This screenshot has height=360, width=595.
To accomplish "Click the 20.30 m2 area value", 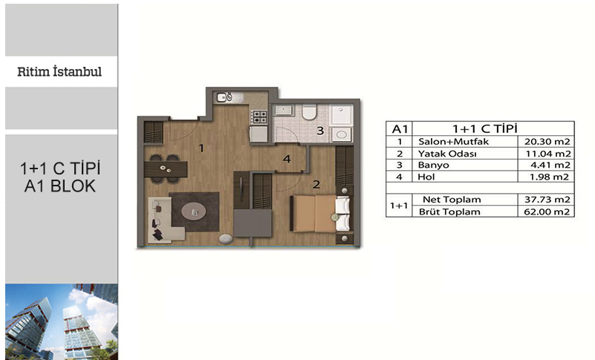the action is click(x=547, y=142).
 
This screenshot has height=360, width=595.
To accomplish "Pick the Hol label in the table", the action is click(x=426, y=177).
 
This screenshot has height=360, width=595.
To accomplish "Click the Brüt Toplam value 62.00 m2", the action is click(x=547, y=212).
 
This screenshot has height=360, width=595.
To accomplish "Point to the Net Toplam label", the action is click(x=452, y=200).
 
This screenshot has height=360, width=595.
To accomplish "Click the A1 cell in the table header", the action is click(x=400, y=129).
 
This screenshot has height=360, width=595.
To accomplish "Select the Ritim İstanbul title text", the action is click(x=59, y=72).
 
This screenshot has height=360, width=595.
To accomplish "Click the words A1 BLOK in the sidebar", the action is click(x=60, y=186).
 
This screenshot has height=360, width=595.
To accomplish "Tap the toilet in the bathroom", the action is click(x=309, y=112).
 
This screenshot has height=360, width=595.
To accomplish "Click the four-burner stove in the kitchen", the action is click(x=260, y=117).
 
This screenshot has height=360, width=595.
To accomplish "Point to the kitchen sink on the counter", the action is click(x=224, y=97).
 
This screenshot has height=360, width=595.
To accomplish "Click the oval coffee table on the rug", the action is click(x=194, y=212).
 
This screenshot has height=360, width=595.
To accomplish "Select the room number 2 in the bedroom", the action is click(x=316, y=185).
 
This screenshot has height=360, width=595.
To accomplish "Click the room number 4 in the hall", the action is click(x=287, y=159).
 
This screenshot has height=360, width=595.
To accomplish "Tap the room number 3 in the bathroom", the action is click(x=320, y=131).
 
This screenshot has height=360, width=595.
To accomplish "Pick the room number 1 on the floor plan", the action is click(x=201, y=148).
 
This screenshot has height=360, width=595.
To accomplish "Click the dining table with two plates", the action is click(x=166, y=169).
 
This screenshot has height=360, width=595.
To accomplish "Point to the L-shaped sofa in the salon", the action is click(x=164, y=220).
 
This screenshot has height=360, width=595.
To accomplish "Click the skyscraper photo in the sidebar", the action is click(x=62, y=321).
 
